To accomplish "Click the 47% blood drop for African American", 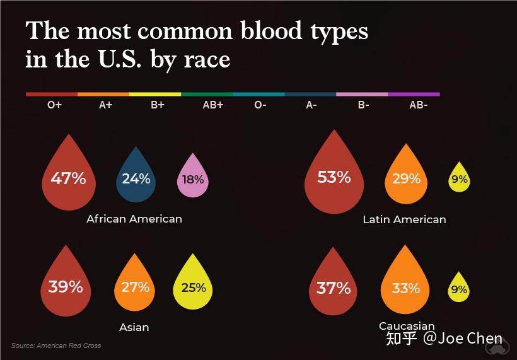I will (x=68, y=178).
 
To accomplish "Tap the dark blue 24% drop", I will (x=136, y=179).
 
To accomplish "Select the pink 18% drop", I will (x=193, y=180).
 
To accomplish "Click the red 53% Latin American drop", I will (x=334, y=178).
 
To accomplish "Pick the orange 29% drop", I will (x=406, y=179).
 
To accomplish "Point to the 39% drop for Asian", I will (x=66, y=287).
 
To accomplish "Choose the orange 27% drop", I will (x=135, y=287).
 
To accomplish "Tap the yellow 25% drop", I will (x=193, y=287).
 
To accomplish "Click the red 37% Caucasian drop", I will (x=334, y=288).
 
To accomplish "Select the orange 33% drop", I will (x=405, y=288).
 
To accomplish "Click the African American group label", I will (x=134, y=219).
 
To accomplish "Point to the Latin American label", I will (x=404, y=219).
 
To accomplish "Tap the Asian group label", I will (x=134, y=327).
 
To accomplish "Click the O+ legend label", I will (x=54, y=105).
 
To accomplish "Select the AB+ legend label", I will (x=212, y=105).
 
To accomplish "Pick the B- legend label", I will (x=363, y=105).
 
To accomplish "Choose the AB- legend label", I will (x=418, y=105).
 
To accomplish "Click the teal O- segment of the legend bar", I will (x=258, y=94).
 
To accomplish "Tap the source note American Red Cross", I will (x=56, y=345).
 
